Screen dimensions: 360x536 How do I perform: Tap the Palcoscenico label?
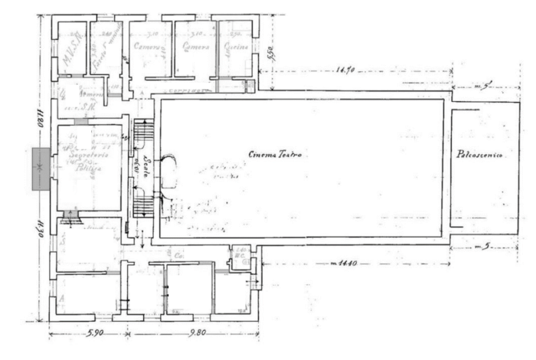[x=479, y=155]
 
